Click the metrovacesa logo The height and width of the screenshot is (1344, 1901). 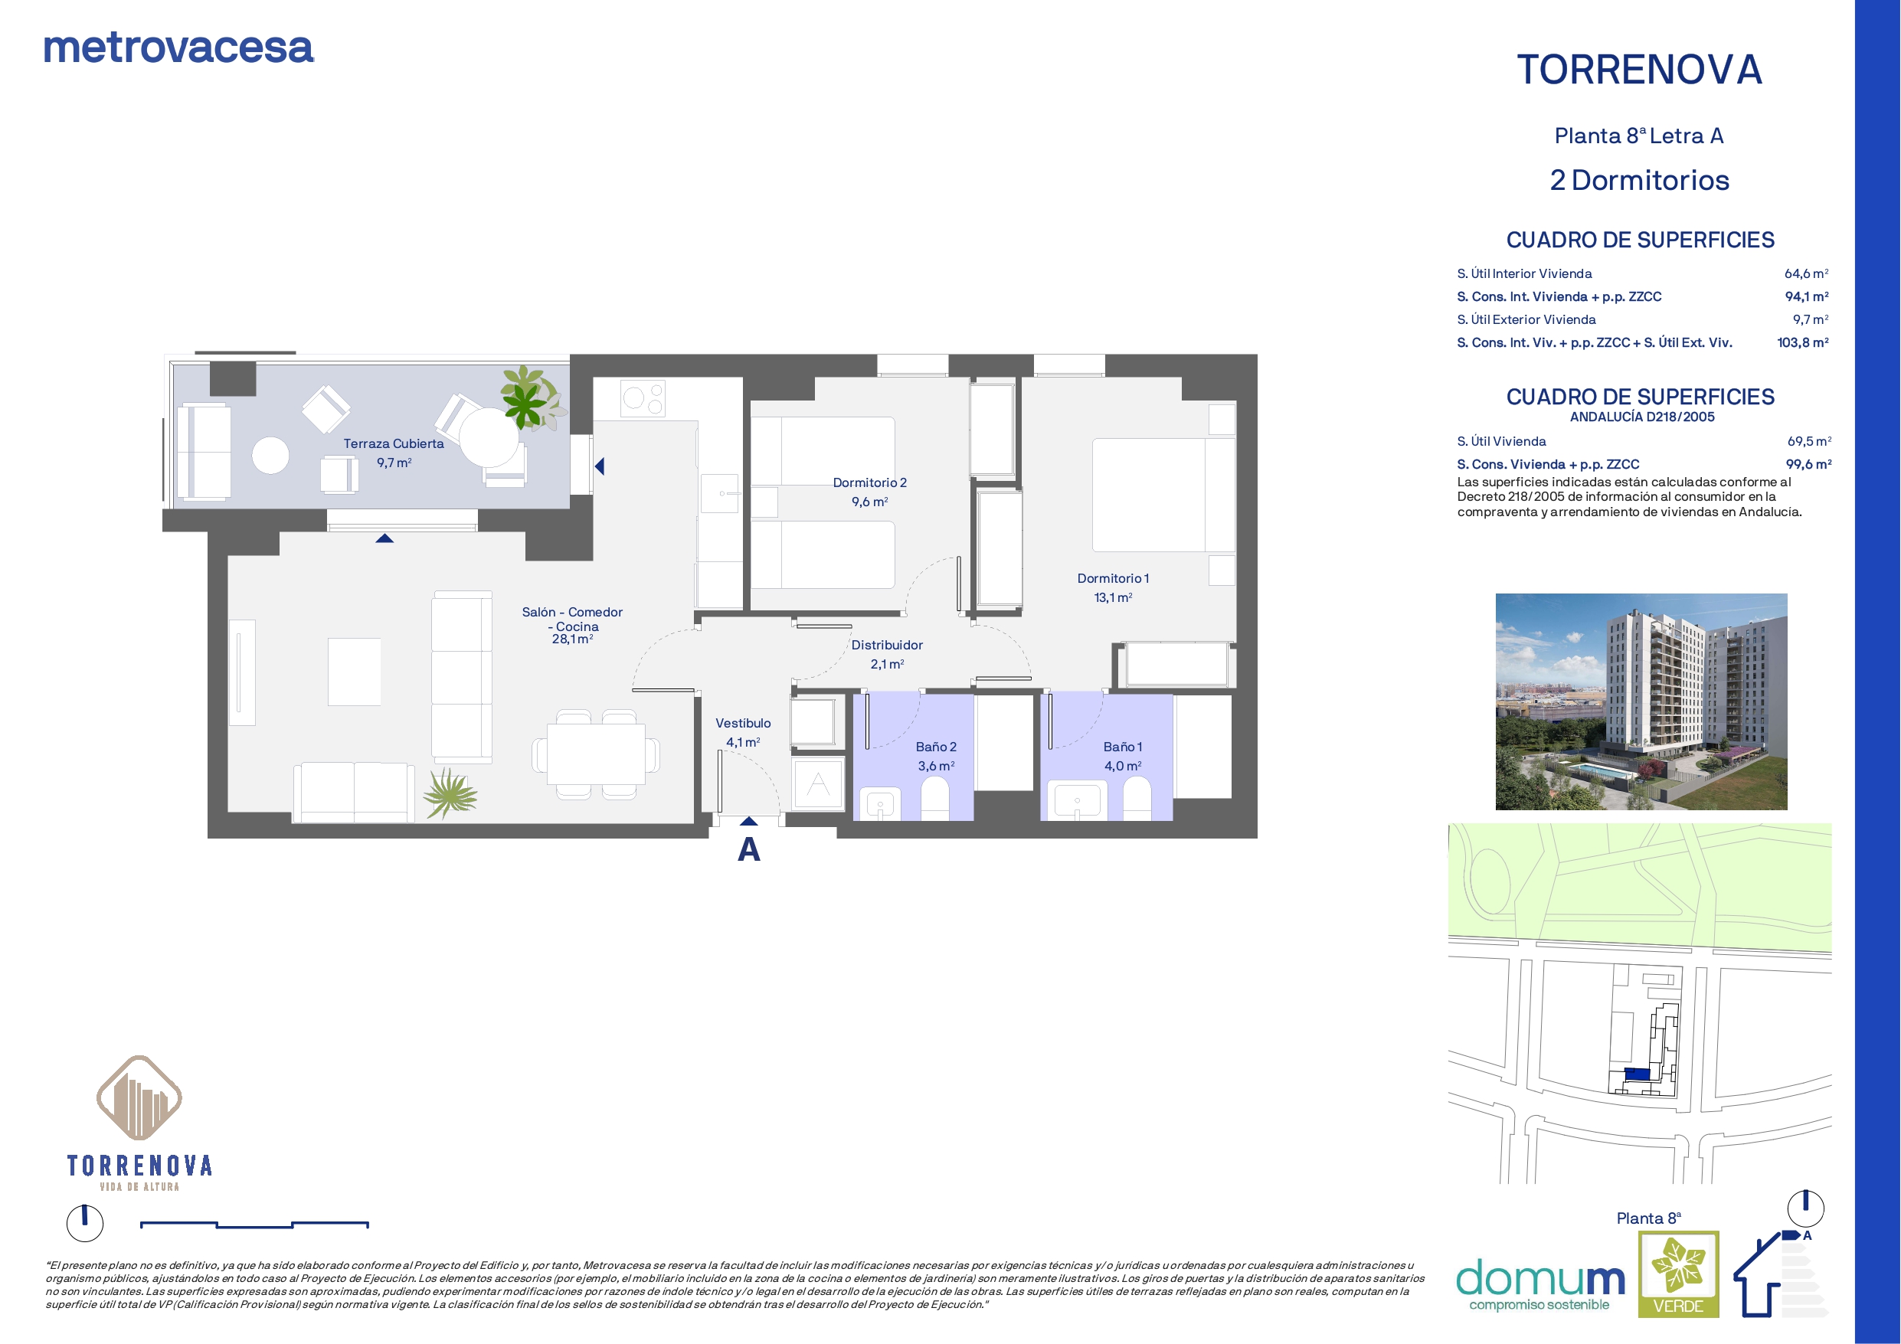pyautogui.click(x=178, y=48)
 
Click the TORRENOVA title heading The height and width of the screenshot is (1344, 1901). pyautogui.click(x=1639, y=70)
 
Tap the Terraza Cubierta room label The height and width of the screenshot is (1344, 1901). pyautogui.click(x=394, y=444)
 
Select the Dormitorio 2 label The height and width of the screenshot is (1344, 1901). pyautogui.click(x=869, y=482)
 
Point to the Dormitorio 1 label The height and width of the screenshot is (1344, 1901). pyautogui.click(x=1113, y=579)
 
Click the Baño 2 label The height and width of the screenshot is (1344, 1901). pyautogui.click(x=936, y=747)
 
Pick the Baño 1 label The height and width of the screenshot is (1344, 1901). pyautogui.click(x=1123, y=747)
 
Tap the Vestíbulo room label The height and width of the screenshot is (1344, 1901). pyautogui.click(x=743, y=724)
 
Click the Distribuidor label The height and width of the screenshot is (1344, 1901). pyautogui.click(x=887, y=645)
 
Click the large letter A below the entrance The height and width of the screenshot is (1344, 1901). pyautogui.click(x=748, y=849)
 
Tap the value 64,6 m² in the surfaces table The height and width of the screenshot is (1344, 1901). pyautogui.click(x=1806, y=273)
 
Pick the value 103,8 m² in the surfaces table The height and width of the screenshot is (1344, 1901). pyautogui.click(x=1802, y=343)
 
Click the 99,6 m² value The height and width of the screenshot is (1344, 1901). pyautogui.click(x=1808, y=465)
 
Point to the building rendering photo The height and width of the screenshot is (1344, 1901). pyautogui.click(x=1641, y=701)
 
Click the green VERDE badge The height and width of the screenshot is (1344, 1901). pyautogui.click(x=1678, y=1274)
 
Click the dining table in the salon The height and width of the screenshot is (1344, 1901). pyautogui.click(x=595, y=754)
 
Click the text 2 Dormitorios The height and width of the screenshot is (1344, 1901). pyautogui.click(x=1639, y=181)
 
